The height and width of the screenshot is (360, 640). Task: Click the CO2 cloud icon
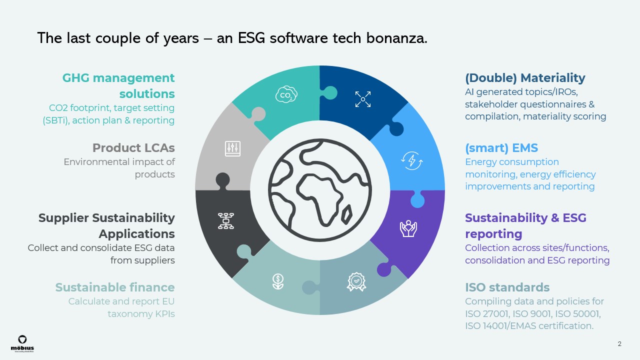tap(286, 94)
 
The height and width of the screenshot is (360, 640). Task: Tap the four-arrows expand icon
tap(362, 98)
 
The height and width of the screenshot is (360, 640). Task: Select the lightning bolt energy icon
tap(412, 160)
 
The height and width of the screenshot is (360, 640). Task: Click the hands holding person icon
tap(408, 228)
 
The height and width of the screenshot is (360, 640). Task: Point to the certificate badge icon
tap(356, 281)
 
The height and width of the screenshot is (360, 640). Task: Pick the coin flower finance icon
tap(277, 281)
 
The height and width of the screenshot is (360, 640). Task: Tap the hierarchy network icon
tap(225, 220)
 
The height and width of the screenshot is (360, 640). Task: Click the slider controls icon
tap(232, 148)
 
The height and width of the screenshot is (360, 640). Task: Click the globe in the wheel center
tap(319, 190)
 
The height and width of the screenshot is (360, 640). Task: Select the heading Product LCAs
tap(133, 148)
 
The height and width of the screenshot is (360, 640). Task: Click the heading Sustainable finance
tap(115, 287)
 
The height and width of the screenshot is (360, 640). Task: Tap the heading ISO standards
tap(507, 287)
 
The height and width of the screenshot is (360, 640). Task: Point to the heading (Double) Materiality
tap(525, 78)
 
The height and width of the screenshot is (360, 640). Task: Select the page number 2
tap(619, 344)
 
